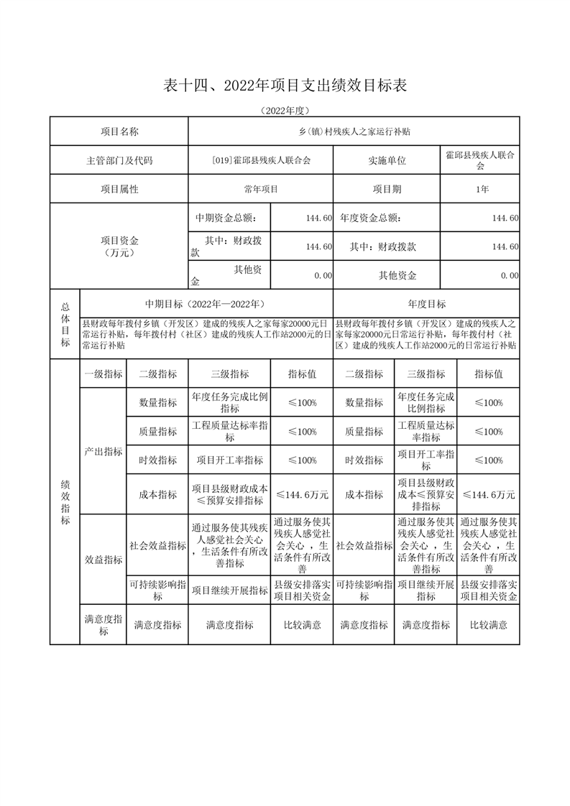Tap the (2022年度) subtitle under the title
pos(285,111)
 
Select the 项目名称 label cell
pos(119,131)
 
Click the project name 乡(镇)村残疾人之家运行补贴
pos(354,131)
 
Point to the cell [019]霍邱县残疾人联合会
pos(261,160)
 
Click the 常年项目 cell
pos(261,189)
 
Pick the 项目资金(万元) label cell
pos(119,246)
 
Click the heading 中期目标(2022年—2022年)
pos(206,304)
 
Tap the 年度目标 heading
pos(426,304)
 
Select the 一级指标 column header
pos(104,374)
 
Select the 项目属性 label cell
pos(119,189)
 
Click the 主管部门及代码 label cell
pos(119,160)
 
